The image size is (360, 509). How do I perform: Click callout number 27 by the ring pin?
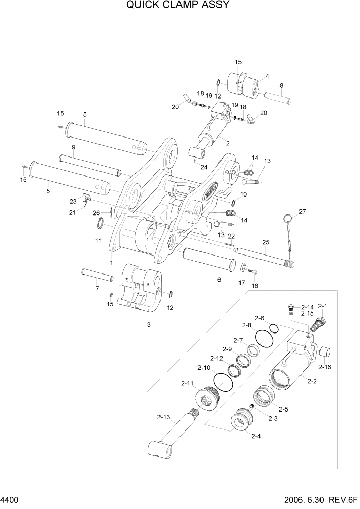coord(302,211)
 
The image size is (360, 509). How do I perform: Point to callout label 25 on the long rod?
coord(266,242)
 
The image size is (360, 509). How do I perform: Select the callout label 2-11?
coord(187,383)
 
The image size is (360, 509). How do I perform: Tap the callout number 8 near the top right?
coord(281,85)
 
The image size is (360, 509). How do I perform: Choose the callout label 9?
coord(73,147)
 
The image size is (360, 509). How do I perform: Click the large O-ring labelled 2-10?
coord(223,381)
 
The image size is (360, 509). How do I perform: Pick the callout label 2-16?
coord(324,367)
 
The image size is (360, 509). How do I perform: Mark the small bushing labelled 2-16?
coord(324,353)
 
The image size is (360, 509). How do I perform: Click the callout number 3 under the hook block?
coord(149,324)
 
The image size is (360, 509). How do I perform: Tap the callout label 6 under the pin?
coord(219,279)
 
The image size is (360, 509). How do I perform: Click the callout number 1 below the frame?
coord(111,262)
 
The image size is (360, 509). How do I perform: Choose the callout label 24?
coord(204,167)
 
